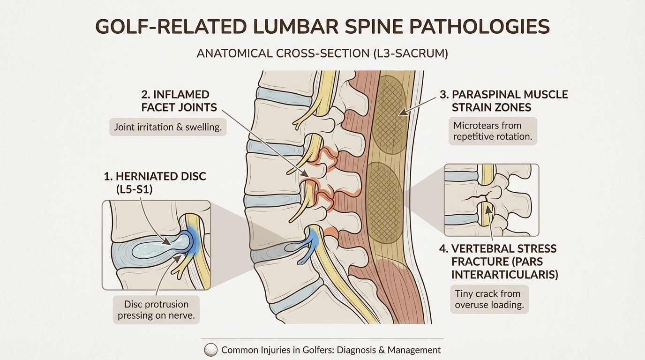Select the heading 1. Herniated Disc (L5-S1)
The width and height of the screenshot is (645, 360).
155,183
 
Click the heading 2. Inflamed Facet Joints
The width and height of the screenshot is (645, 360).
179,101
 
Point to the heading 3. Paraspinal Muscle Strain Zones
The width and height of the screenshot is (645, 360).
503,101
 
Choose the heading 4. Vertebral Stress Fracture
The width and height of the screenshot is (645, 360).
498,261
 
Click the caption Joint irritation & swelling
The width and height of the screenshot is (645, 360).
168,127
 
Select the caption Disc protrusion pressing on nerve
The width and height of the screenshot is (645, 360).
156,309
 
